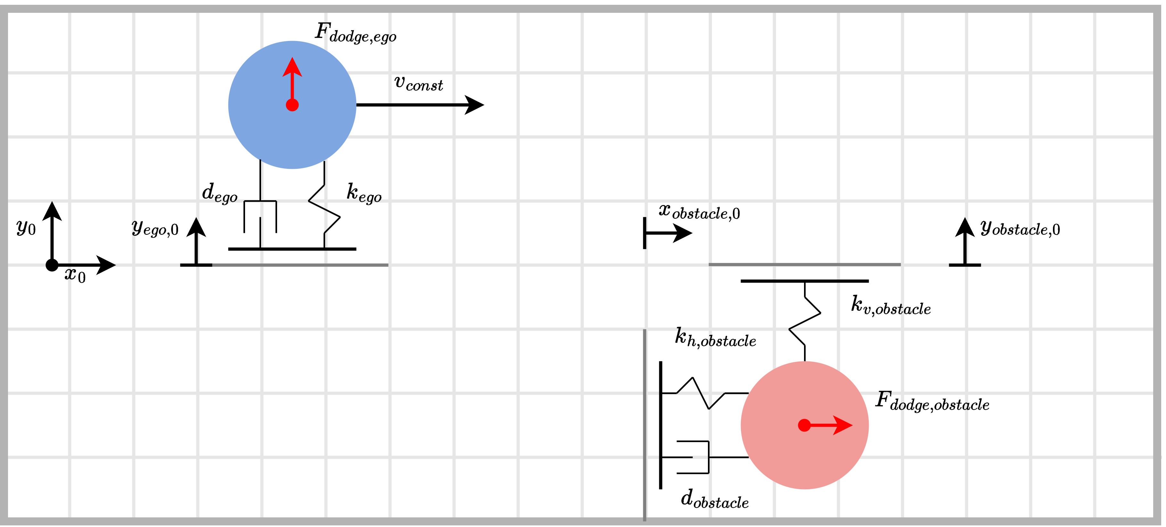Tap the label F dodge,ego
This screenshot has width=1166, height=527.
point(355,33)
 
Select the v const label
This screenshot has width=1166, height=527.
point(418,83)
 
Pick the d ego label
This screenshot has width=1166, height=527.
point(219,193)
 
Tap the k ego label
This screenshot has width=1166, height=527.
point(364,193)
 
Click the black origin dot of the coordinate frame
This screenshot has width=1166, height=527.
point(52,265)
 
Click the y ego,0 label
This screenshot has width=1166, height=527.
point(155,228)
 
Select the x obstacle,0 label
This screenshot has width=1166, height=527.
point(699,211)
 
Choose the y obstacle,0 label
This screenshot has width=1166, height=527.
point(1020,228)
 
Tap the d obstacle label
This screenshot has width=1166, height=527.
point(714,500)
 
